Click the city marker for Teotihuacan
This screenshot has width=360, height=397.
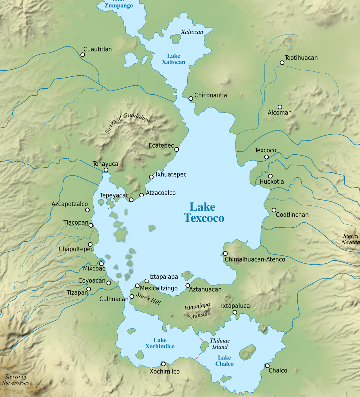pyautogui.click(x=282, y=63)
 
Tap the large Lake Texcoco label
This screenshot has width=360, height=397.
pyautogui.click(x=204, y=212)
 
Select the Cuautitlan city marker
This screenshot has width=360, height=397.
pyautogui.click(x=83, y=55)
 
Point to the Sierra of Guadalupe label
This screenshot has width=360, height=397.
pyautogui.click(x=128, y=123)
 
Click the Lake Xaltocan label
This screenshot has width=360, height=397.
pyautogui.click(x=173, y=59)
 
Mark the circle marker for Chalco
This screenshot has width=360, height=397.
pyautogui.click(x=267, y=366)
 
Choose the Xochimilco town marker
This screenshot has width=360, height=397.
pyautogui.click(x=163, y=364)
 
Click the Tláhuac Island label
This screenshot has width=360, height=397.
pyautogui.click(x=219, y=344)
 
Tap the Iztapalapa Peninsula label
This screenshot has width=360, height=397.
pyautogui.click(x=198, y=310)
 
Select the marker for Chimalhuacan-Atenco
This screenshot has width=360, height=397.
pyautogui.click(x=225, y=253)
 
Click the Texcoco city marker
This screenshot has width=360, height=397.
pyautogui.click(x=266, y=157)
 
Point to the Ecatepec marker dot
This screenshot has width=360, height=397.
pyautogui.click(x=177, y=149)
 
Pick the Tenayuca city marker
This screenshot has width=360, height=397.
pyautogui.click(x=106, y=170)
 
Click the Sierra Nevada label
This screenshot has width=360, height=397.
pyautogui.click(x=350, y=239)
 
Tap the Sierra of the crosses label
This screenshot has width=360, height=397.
pyautogui.click(x=15, y=380)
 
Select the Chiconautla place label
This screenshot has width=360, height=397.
pyautogui.click(x=210, y=95)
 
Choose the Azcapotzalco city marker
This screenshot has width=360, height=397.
pyautogui.click(x=87, y=210)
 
